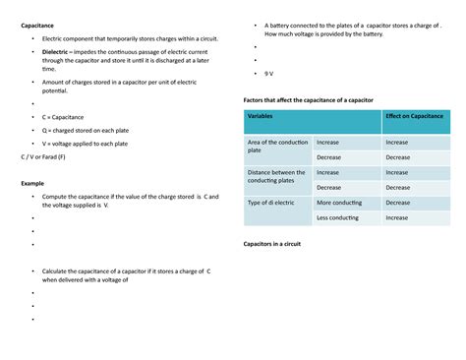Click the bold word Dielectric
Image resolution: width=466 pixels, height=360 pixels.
tap(55, 50)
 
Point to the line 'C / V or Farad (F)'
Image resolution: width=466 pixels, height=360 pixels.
tap(43, 156)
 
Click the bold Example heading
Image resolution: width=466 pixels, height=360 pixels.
tap(33, 184)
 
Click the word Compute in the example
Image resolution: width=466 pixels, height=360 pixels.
tap(58, 197)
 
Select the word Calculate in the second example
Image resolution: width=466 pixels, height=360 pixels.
tap(60, 270)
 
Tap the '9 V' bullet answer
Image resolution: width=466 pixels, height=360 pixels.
tap(269, 74)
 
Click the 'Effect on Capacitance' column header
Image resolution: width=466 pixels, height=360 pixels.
tap(414, 116)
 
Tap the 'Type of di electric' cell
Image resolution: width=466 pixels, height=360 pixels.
tap(271, 203)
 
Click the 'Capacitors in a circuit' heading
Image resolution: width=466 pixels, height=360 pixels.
tap(279, 243)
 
